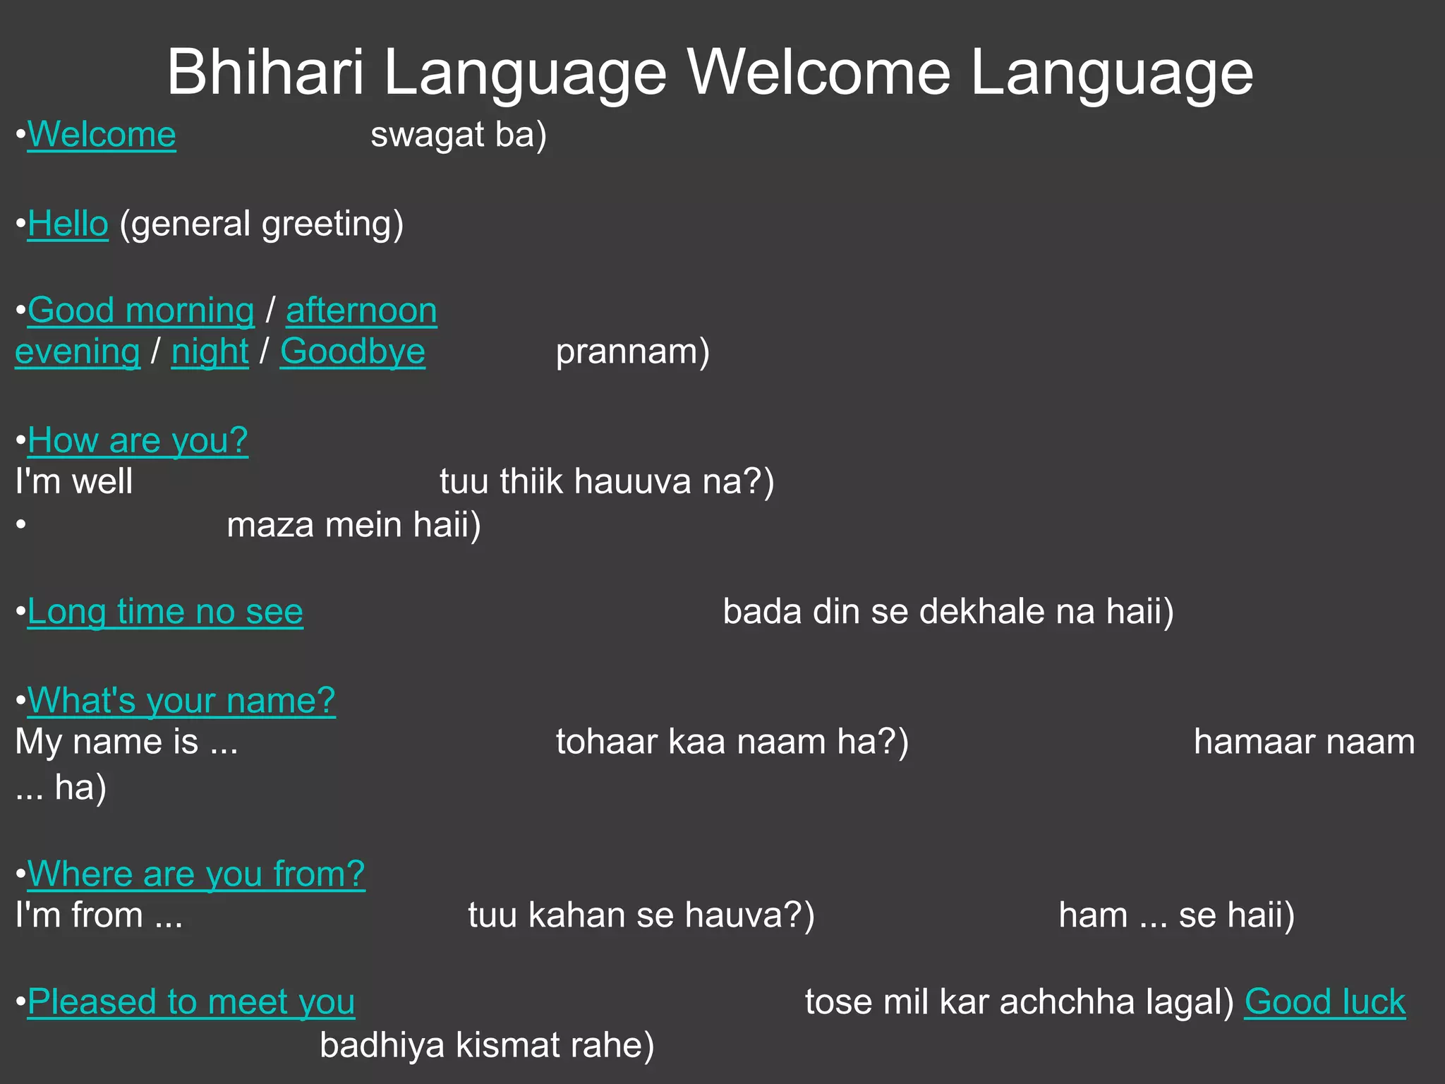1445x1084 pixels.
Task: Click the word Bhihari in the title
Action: [x=265, y=73]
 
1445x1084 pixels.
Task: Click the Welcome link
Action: [x=102, y=135]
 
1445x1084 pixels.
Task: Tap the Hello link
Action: [x=68, y=224]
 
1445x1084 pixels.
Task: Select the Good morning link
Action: [x=141, y=311]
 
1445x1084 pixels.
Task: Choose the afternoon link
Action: [x=361, y=311]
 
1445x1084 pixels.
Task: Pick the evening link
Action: [x=78, y=352]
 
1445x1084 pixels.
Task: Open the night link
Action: [x=210, y=352]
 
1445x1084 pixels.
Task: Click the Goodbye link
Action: [x=353, y=352]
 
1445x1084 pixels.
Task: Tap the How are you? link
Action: [x=138, y=441]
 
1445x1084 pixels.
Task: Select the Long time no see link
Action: [x=165, y=612]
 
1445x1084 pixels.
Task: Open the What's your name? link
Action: [x=181, y=701]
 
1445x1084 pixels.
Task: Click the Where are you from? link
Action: [x=196, y=874]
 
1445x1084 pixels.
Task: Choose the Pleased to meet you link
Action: [x=191, y=1002]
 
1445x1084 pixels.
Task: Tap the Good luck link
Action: [x=1324, y=1002]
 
